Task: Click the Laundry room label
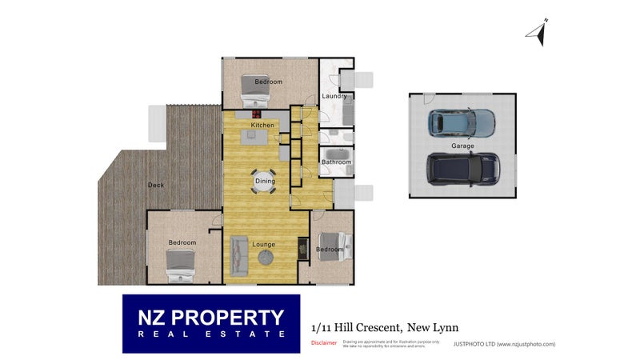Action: [334, 96]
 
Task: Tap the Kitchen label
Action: [263, 126]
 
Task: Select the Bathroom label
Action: [336, 162]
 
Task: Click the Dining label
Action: [265, 182]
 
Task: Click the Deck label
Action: [156, 186]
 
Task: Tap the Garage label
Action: [463, 146]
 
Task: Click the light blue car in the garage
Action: [462, 122]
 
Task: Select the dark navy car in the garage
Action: [462, 168]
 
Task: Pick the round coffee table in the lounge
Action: [266, 258]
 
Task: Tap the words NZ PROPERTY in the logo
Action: [211, 317]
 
